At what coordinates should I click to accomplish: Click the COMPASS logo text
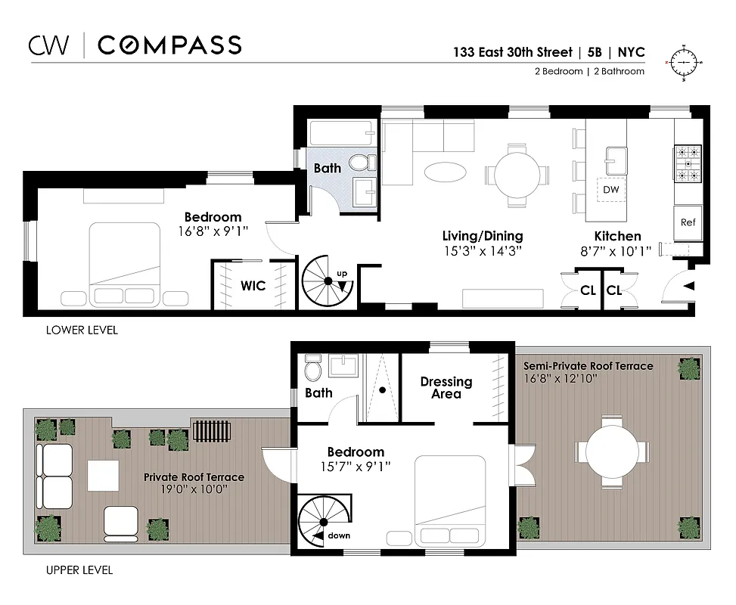tap(169, 45)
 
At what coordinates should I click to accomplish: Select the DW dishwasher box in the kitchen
tap(610, 190)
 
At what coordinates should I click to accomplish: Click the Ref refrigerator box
tap(688, 222)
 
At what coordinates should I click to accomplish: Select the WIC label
tap(253, 286)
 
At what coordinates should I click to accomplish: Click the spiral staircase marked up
tap(327, 281)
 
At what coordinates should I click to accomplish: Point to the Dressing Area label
tap(446, 387)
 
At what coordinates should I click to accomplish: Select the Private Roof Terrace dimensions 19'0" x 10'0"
tap(194, 489)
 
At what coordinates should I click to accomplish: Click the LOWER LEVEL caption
tap(82, 330)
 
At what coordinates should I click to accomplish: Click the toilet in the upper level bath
tap(312, 370)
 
